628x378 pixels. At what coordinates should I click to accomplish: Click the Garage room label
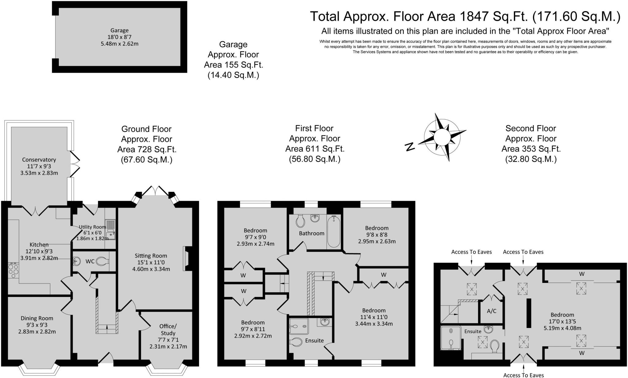coord(119,30)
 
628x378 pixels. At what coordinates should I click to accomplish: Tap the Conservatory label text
coord(39,160)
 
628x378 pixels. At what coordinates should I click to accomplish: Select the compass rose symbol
coord(442,137)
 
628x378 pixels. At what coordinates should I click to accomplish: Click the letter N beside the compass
coord(410,147)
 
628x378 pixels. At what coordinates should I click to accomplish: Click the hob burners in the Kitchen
coord(13,270)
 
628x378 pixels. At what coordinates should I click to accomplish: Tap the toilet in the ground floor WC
coord(102,261)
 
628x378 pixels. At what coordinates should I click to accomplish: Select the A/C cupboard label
coord(492,311)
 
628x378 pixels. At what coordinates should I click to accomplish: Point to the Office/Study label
coord(168,330)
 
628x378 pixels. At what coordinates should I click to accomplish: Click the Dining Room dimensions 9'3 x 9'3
coord(37,325)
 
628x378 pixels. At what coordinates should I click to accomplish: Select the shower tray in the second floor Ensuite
coord(451,338)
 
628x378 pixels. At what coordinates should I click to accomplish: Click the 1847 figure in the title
coord(474,17)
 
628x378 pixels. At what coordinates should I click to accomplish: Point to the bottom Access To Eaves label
coord(523,375)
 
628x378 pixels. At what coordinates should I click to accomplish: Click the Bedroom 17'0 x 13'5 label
coord(562,315)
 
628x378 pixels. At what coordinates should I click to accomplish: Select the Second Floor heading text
coord(530,128)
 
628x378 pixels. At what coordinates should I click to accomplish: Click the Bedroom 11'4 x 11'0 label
coord(373,310)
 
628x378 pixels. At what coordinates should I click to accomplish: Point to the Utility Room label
coord(92,227)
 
